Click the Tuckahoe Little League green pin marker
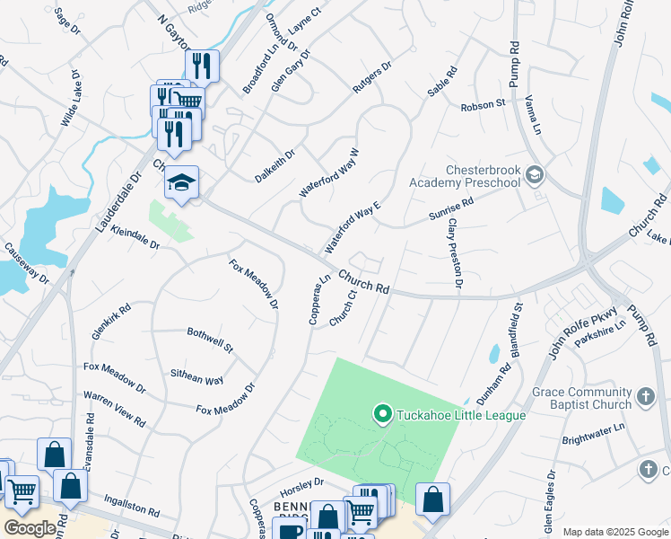[382, 414]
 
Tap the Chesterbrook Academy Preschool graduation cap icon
[536, 173]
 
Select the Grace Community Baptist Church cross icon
[645, 396]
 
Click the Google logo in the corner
[30, 528]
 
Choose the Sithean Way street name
[197, 378]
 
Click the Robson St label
[483, 106]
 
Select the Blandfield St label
[517, 331]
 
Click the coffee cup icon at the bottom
[289, 530]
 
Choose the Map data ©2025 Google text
[614, 532]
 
